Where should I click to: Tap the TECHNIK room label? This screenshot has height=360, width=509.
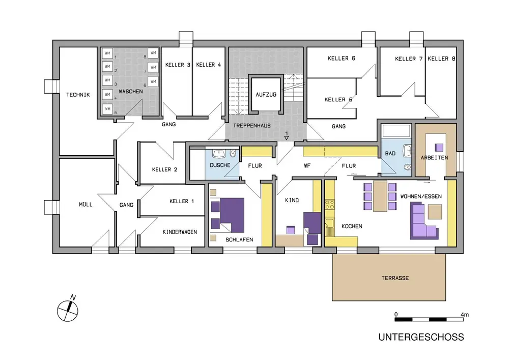[x=78, y=95]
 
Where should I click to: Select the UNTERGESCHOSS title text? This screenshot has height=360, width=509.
[x=420, y=337]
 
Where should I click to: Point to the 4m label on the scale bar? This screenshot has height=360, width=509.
[x=464, y=315]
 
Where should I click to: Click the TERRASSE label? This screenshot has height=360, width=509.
[x=395, y=278]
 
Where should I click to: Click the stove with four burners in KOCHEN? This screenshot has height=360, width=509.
[x=329, y=205]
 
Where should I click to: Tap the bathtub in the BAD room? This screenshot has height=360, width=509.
[x=397, y=132]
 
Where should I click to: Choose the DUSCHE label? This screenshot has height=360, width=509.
[x=220, y=165]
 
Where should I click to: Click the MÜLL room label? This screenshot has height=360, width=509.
[x=86, y=205]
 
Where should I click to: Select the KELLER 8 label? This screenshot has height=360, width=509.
[x=438, y=59]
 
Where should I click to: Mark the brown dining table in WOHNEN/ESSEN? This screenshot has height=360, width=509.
[x=380, y=196]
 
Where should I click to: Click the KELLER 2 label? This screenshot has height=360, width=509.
[x=164, y=170]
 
